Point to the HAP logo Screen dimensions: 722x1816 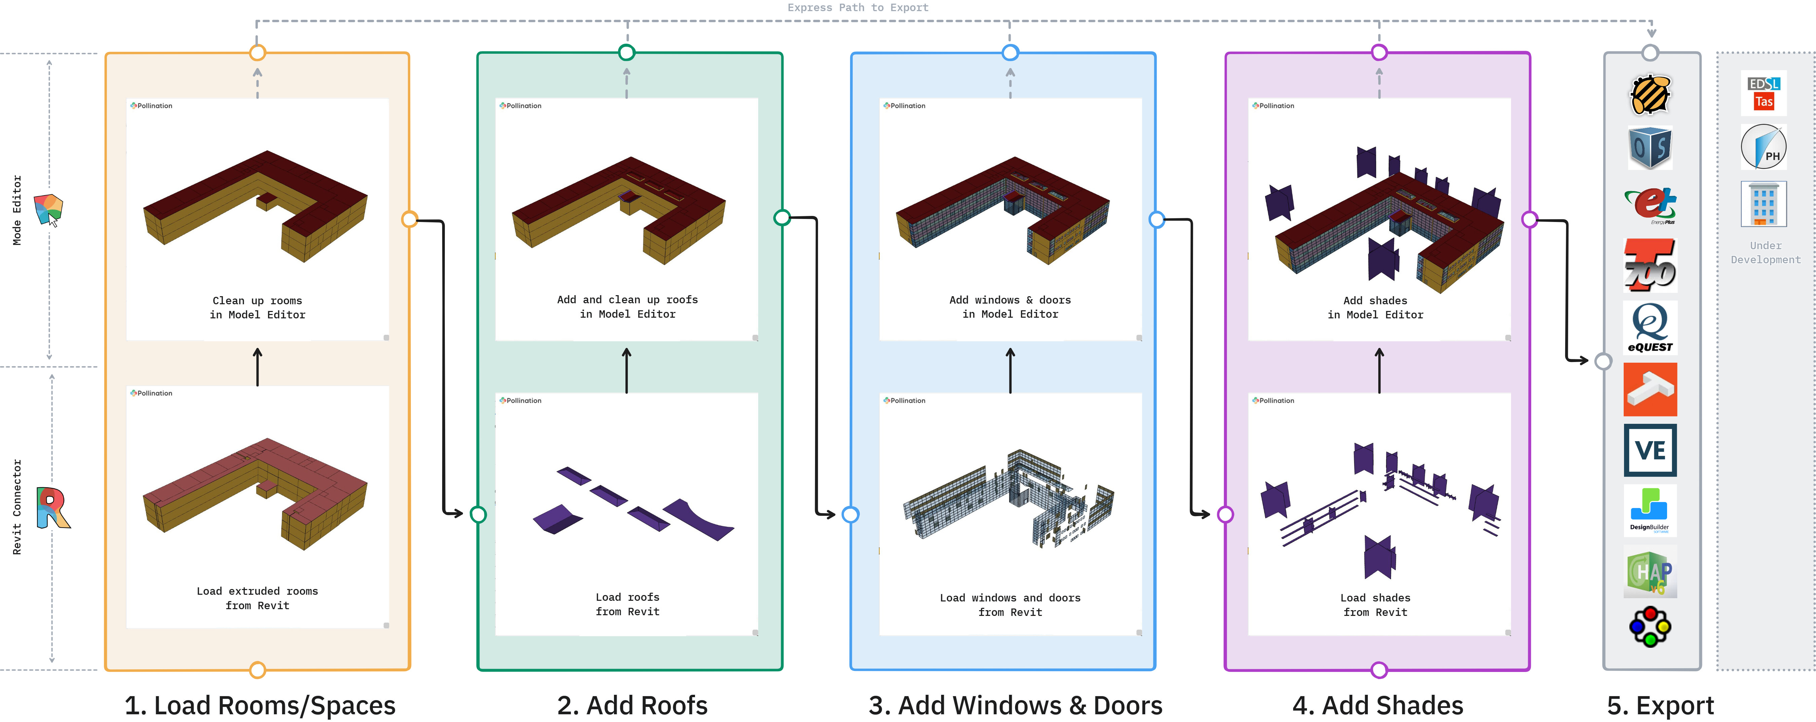click(1650, 572)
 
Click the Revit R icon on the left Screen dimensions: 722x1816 click(53, 507)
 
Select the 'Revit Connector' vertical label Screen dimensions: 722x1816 click(17, 507)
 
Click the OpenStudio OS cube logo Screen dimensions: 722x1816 click(1650, 148)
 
